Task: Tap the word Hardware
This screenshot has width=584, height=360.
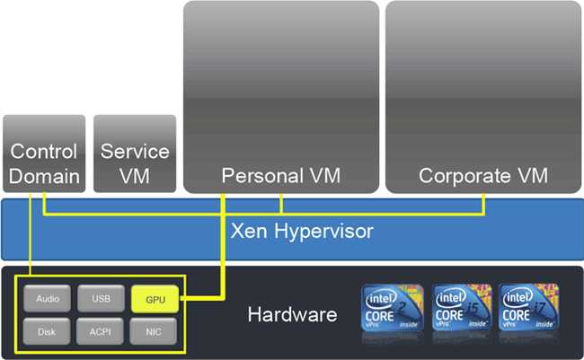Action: (x=292, y=315)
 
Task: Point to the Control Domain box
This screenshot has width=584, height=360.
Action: (x=44, y=154)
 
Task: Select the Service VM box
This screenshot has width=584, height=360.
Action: (x=135, y=154)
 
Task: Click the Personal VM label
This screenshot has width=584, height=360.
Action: (x=281, y=176)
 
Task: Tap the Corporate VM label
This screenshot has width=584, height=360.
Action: (x=483, y=176)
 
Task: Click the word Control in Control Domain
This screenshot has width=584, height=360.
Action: (x=44, y=152)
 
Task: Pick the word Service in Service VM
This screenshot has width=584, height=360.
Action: (x=135, y=152)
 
